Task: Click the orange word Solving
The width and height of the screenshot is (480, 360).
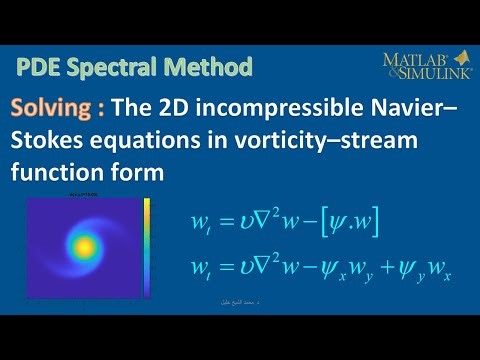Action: tap(55, 107)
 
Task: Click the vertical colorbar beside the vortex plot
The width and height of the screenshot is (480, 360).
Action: tap(146, 248)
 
